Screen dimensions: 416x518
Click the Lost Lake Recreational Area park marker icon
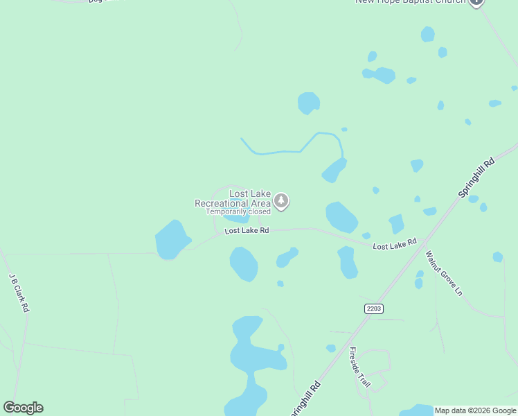pyautogui.click(x=281, y=201)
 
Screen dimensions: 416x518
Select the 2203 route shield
pyautogui.click(x=373, y=308)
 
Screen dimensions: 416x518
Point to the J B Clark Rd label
pyautogui.click(x=19, y=292)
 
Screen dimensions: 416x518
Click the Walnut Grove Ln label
pyautogui.click(x=443, y=273)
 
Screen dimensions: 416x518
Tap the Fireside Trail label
pyautogui.click(x=360, y=367)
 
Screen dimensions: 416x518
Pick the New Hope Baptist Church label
pyautogui.click(x=409, y=2)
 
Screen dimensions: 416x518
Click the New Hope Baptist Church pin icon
pyautogui.click(x=476, y=2)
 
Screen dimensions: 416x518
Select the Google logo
pyautogui.click(x=23, y=408)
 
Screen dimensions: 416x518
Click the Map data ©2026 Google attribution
pyautogui.click(x=474, y=410)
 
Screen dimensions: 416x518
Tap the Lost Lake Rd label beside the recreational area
pyautogui.click(x=247, y=230)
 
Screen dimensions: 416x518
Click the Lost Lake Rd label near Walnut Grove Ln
pyautogui.click(x=394, y=245)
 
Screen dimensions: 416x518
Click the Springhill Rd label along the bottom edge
pyautogui.click(x=304, y=399)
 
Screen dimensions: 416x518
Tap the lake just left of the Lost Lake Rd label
pyautogui.click(x=172, y=240)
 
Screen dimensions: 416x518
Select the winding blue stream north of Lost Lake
pyautogui.click(x=291, y=150)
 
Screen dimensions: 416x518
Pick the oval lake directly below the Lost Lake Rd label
pyautogui.click(x=244, y=264)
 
